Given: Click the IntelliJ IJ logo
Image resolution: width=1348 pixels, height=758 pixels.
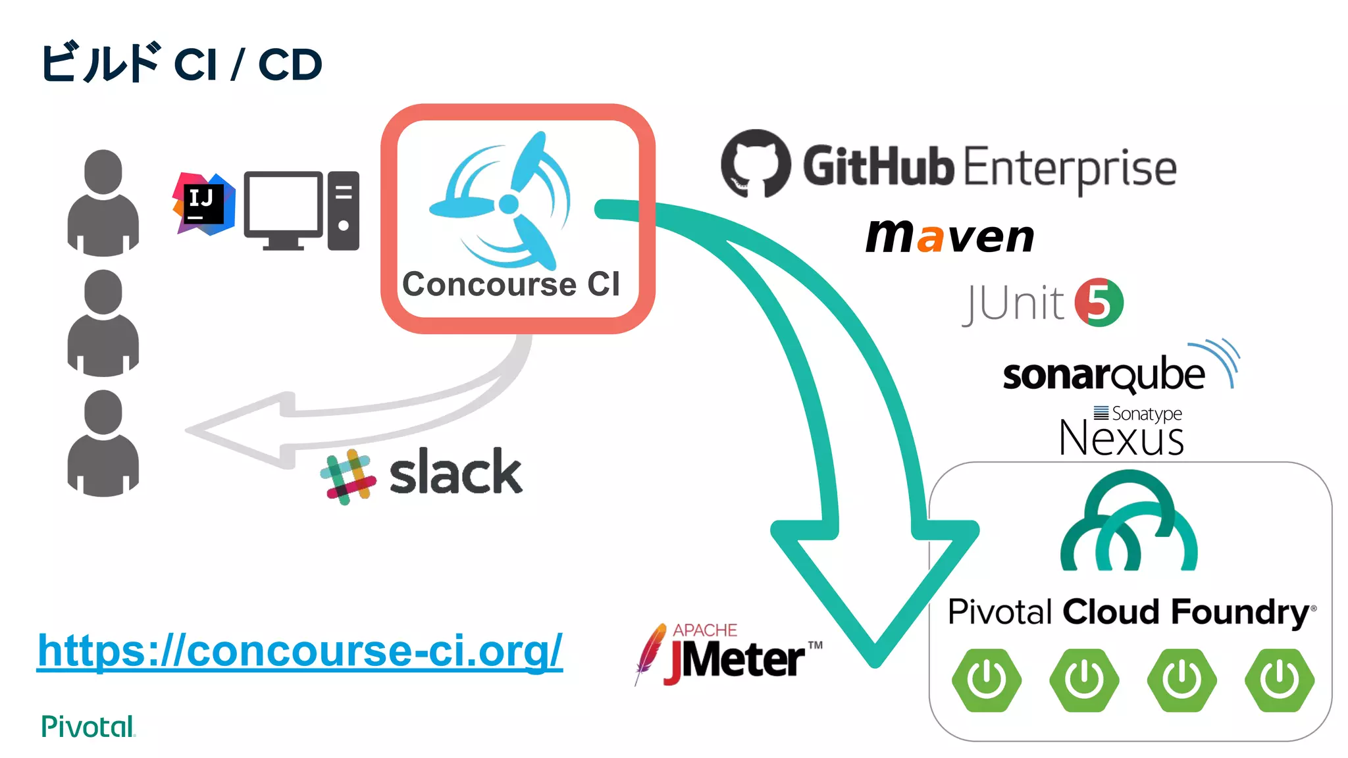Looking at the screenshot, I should coord(203,203).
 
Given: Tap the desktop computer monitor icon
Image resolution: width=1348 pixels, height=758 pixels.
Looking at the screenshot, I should coord(283,209).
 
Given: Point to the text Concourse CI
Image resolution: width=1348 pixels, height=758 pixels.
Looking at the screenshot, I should coord(511,284).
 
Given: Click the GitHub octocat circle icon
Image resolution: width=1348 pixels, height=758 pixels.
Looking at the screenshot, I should coord(756,164).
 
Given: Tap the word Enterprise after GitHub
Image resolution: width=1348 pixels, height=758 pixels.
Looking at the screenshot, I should coord(1070,168).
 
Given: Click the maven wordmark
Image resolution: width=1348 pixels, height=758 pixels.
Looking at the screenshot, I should coord(950,236).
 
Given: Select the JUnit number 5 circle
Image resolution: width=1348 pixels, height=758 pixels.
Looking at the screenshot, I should coord(1099,303).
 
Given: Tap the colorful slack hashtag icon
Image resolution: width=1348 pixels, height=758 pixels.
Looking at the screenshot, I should coord(348,476).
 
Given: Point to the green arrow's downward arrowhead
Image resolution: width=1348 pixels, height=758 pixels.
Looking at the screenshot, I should coord(875,592).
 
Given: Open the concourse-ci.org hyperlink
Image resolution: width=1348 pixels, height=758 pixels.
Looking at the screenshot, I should coord(300,651).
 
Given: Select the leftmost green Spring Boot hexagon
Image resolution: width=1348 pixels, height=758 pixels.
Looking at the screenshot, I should coord(986,680).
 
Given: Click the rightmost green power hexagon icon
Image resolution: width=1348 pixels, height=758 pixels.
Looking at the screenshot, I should coord(1279,680).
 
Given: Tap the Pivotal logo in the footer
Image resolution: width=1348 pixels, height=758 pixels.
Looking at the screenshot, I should coord(88,726).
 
